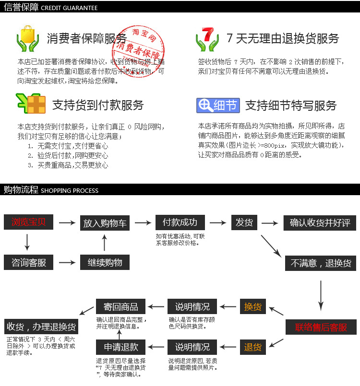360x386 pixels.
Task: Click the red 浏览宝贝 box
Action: (28, 222)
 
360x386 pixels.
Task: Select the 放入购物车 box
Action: (105, 223)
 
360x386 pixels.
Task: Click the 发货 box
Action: (244, 222)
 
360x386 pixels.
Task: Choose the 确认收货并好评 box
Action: (320, 223)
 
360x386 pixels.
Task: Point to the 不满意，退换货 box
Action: (321, 263)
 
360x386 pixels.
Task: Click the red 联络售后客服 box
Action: (321, 328)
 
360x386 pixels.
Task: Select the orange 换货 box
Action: (253, 307)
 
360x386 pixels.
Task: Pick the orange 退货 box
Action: (253, 347)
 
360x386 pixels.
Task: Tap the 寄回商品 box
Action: (120, 307)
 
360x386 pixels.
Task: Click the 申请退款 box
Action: (120, 347)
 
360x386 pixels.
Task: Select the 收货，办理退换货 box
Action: (41, 327)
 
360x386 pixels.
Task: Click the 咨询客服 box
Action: (28, 262)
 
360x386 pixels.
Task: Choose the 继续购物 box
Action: (105, 262)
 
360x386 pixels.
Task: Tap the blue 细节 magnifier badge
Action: (218, 105)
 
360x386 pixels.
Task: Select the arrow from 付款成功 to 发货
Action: (218, 223)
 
